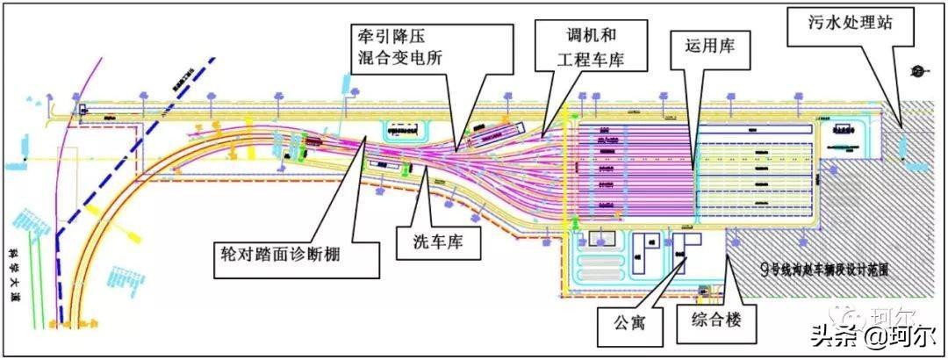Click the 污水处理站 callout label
851,25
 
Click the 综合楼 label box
715,320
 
